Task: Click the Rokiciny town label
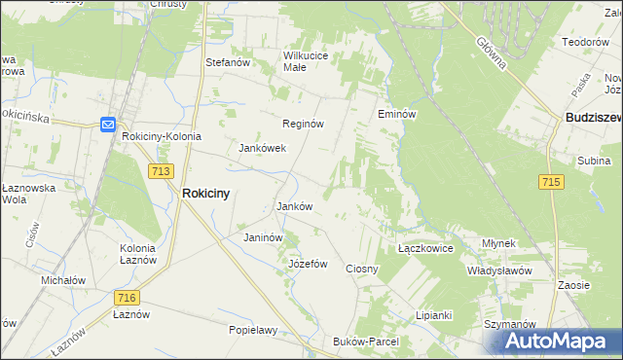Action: pyautogui.click(x=205, y=194)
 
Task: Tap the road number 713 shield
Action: pyautogui.click(x=162, y=171)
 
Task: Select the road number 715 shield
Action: pyautogui.click(x=551, y=182)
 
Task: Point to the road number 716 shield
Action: pyautogui.click(x=126, y=298)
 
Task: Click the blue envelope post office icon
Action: pyautogui.click(x=108, y=124)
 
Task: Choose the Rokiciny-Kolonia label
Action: pyautogui.click(x=162, y=137)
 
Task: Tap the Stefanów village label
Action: pyautogui.click(x=229, y=62)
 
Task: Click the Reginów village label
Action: pyautogui.click(x=303, y=125)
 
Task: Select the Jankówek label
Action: pyautogui.click(x=262, y=149)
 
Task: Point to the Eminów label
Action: pyautogui.click(x=397, y=115)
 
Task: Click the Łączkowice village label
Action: pyautogui.click(x=426, y=249)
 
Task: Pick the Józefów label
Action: pyautogui.click(x=308, y=264)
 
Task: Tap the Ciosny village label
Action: pyautogui.click(x=362, y=269)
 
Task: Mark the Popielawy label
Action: pyautogui.click(x=253, y=330)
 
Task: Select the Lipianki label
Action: pyautogui.click(x=434, y=315)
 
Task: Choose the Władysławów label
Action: pyautogui.click(x=498, y=270)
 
